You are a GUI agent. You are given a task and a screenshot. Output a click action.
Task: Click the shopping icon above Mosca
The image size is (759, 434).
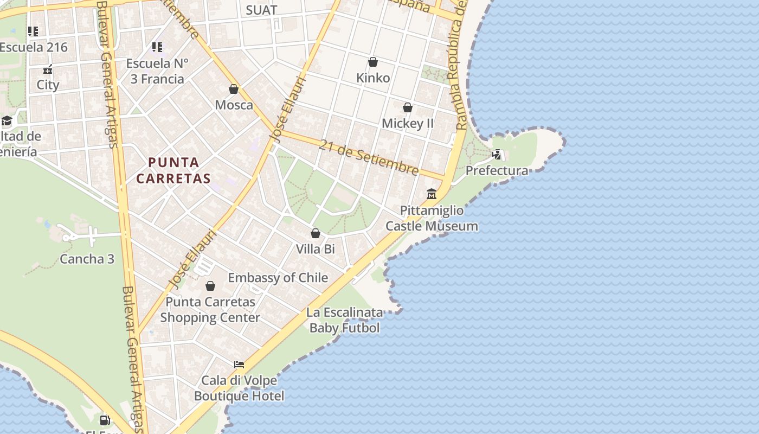pyautogui.click(x=234, y=89)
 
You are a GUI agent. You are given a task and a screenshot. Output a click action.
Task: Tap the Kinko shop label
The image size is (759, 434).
pyautogui.click(x=373, y=78)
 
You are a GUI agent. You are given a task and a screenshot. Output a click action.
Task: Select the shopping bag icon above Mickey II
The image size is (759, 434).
pyautogui.click(x=408, y=107)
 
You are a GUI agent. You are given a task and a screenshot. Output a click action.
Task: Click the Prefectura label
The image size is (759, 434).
pyautogui.click(x=497, y=171)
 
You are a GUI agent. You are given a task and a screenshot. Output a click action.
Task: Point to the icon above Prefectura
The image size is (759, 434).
pyautogui.click(x=497, y=155)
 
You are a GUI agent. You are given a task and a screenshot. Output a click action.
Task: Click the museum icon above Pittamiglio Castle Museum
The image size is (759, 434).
pyautogui.click(x=432, y=194)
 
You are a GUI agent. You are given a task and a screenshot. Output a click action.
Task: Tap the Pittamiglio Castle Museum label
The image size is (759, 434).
pyautogui.click(x=432, y=218)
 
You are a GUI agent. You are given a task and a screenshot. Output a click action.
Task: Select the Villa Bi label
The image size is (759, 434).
pyautogui.click(x=315, y=250)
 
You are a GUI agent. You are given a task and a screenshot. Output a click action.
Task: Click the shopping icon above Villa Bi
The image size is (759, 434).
pyautogui.click(x=316, y=234)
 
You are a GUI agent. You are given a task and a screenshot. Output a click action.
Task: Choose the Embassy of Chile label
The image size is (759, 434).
pyautogui.click(x=278, y=278)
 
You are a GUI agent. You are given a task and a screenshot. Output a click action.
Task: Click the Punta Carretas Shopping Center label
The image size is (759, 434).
pyautogui.click(x=210, y=310)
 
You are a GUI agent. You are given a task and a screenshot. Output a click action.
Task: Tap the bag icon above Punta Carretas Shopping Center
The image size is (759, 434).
pyautogui.click(x=210, y=286)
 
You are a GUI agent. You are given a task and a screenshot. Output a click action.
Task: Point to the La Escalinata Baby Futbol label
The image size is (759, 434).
pyautogui.click(x=345, y=320)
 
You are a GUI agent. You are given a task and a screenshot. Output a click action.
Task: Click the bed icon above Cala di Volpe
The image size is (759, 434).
pyautogui.click(x=239, y=364)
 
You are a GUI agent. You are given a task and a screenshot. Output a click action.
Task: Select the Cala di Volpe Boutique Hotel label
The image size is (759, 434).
pyautogui.click(x=239, y=388)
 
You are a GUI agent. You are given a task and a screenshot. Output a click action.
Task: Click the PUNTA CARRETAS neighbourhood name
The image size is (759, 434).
pyautogui.click(x=173, y=170)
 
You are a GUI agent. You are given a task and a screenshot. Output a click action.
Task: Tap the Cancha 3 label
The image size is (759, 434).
pyautogui.click(x=87, y=259)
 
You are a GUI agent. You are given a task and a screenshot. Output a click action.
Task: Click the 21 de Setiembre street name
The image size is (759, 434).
pyautogui.click(x=369, y=158)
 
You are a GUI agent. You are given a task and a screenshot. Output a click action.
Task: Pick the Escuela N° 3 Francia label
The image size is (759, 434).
pyautogui.click(x=157, y=71)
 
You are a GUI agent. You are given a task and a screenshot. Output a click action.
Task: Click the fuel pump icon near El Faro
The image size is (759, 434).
pyautogui.click(x=105, y=420)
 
